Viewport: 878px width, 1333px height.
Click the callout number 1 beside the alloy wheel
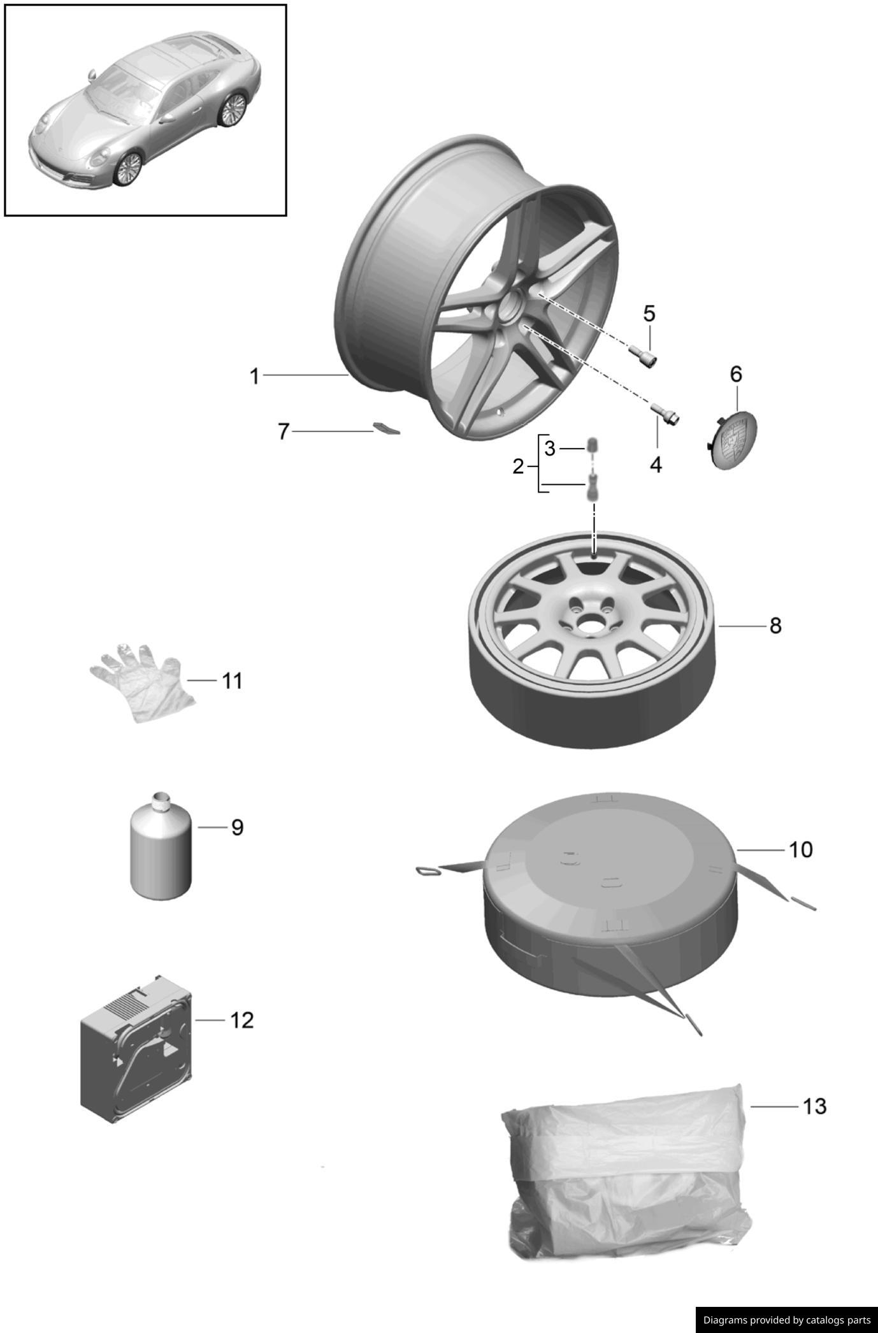(255, 377)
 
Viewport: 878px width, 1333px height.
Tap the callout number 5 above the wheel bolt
(649, 313)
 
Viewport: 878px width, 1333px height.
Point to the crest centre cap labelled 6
(733, 440)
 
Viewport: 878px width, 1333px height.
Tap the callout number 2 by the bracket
(518, 466)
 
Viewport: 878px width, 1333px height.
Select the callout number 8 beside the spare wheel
(775, 626)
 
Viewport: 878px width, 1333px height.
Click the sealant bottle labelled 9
(161, 851)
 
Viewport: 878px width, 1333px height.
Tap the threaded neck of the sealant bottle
(161, 798)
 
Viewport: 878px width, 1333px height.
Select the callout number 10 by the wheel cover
(801, 849)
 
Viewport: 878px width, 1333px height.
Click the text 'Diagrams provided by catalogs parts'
(786, 1320)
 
